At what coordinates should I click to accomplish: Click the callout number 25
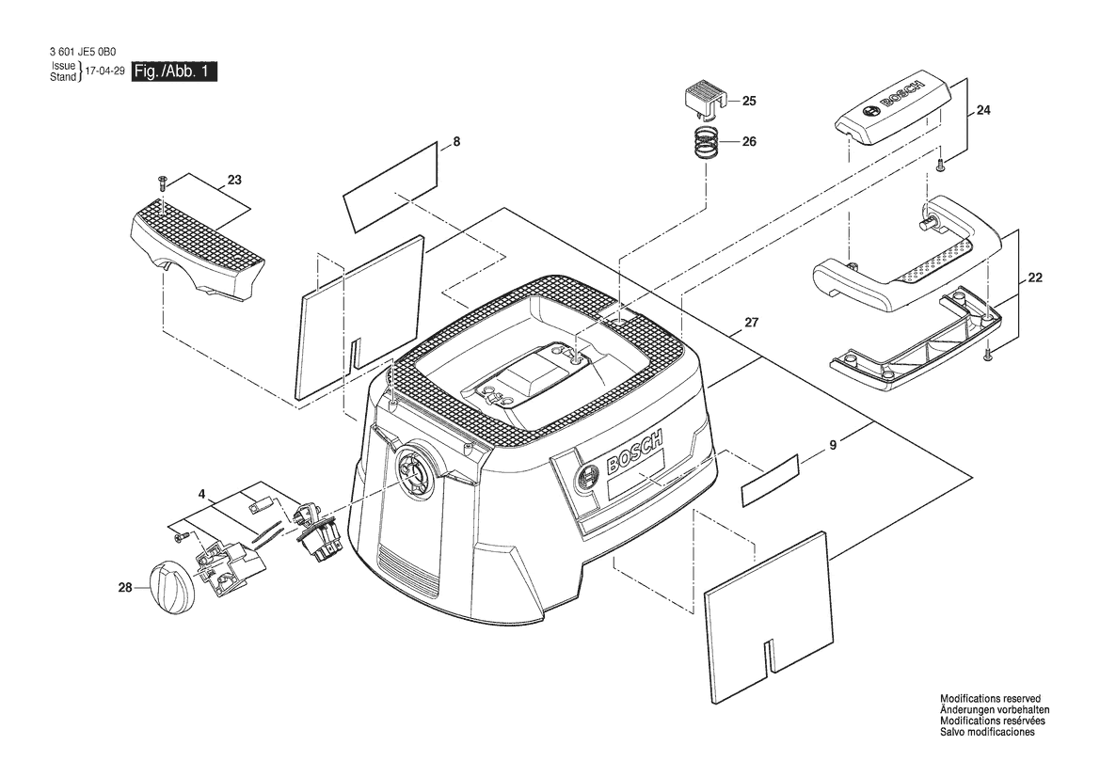[x=749, y=101]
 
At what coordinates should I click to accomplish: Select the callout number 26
[x=749, y=142]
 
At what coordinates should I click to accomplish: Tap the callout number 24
[x=983, y=110]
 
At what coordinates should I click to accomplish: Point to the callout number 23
[x=234, y=181]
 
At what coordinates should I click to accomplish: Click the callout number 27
[x=751, y=323]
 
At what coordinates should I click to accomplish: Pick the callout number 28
[x=125, y=588]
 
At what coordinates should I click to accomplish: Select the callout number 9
[x=833, y=445]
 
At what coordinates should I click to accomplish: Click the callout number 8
[x=456, y=142]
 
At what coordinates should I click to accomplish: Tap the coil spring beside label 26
[x=704, y=144]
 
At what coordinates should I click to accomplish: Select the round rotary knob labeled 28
[x=169, y=589]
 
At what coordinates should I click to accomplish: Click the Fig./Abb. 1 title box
[x=174, y=71]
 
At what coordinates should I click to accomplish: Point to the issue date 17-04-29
[x=104, y=71]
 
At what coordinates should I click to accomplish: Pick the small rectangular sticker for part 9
[x=771, y=480]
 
